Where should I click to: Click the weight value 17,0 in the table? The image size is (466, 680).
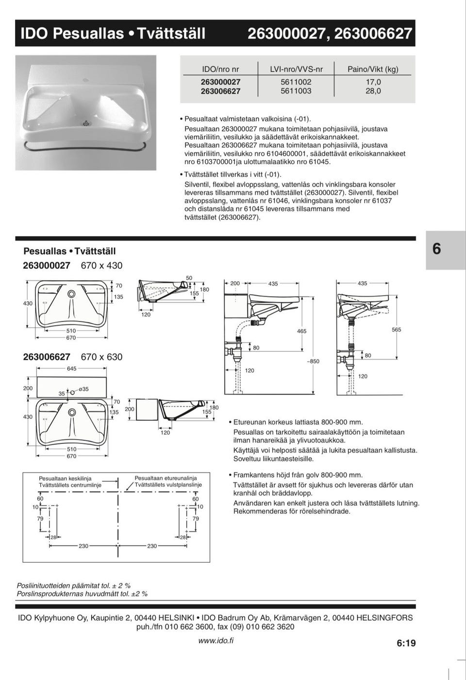[x=373, y=82]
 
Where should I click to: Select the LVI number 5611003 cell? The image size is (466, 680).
[x=296, y=91]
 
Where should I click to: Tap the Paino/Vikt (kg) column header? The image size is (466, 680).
[x=373, y=69]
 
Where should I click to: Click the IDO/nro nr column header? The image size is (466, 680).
[x=220, y=69]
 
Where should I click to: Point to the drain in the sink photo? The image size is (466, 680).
[x=86, y=123]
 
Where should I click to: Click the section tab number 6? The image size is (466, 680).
[x=436, y=249]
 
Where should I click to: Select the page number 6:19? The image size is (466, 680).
[x=406, y=643]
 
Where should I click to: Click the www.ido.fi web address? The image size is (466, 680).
[x=216, y=640]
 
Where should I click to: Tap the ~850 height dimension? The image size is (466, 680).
[x=313, y=361]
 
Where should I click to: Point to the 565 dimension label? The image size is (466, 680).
[x=397, y=330]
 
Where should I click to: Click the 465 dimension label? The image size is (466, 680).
[x=301, y=331]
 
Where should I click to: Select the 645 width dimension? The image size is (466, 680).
[x=71, y=368]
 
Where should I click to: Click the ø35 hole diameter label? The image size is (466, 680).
[x=83, y=389]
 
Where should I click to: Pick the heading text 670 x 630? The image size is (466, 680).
[x=101, y=357]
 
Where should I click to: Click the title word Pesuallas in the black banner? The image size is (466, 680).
[x=88, y=33]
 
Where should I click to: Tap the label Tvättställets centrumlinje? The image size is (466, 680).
[x=70, y=485]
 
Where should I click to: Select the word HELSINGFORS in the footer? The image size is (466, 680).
[x=384, y=617]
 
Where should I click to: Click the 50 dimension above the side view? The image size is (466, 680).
[x=189, y=278]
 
